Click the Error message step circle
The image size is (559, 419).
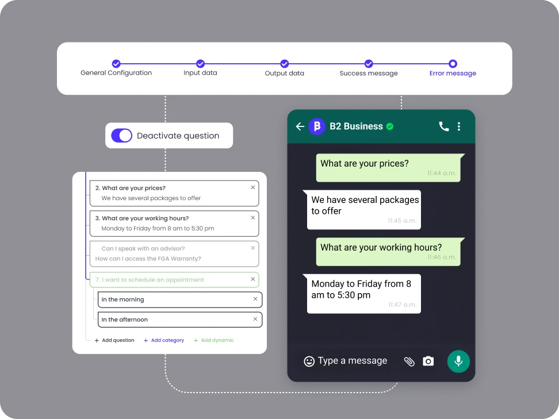tap(453, 64)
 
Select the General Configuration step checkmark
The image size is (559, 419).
tap(116, 64)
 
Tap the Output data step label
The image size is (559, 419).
tap(285, 73)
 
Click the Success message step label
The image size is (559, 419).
tap(369, 73)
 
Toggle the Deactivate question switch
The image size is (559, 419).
tap(121, 136)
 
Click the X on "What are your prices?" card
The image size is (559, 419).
tap(253, 187)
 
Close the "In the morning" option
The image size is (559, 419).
tap(255, 299)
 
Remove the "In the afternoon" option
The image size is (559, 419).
tap(255, 319)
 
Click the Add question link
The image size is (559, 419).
tap(114, 340)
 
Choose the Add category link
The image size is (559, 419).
tap(164, 340)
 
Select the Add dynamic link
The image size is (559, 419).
tap(213, 340)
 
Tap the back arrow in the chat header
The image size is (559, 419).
tap(300, 126)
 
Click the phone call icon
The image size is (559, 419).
tap(444, 126)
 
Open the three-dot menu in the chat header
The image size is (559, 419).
tap(459, 126)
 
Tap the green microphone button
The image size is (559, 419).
tap(458, 362)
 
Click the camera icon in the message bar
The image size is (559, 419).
tap(428, 361)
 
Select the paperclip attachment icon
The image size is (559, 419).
tap(409, 362)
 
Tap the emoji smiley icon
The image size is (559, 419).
tap(309, 362)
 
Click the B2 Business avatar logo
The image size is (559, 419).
tap(316, 126)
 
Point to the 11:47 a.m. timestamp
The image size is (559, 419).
tap(402, 305)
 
